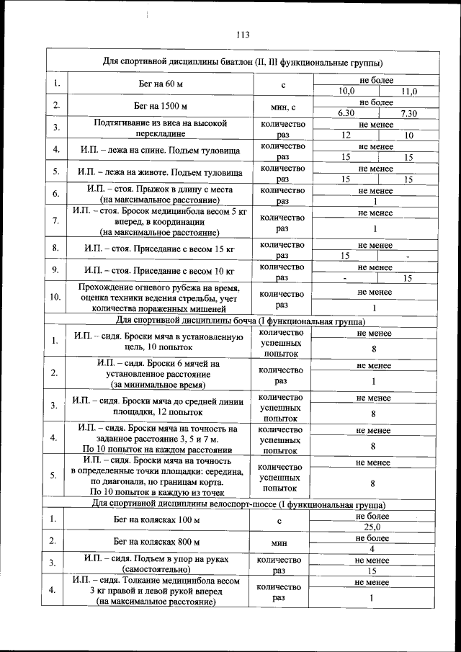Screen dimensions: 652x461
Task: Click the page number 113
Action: click(x=241, y=34)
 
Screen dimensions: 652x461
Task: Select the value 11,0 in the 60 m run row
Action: click(x=409, y=91)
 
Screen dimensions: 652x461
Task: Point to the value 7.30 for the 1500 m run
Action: click(x=409, y=114)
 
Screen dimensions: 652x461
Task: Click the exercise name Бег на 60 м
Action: click(x=161, y=86)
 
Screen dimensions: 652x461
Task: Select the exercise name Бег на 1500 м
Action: click(x=161, y=107)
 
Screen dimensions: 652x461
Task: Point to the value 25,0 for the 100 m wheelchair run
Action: click(x=372, y=527)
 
